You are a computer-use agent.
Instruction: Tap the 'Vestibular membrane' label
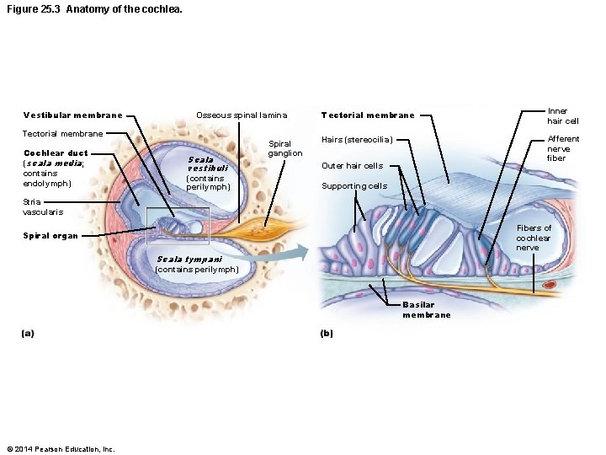pos(72,115)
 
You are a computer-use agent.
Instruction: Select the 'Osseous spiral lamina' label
pos(241,115)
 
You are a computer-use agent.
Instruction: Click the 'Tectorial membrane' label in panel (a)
pos(62,134)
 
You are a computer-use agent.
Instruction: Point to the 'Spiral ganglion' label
pos(284,148)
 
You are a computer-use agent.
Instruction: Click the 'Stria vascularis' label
pos(43,206)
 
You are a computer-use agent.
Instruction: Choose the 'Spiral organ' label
pos(50,236)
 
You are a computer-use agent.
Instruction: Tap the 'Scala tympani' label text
pos(189,260)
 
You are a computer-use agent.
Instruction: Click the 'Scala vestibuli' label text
pos(207,163)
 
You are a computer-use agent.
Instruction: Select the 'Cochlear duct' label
pos(55,153)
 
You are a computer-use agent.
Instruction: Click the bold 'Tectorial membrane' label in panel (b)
pos(368,115)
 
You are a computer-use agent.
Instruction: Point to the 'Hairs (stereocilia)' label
pos(357,140)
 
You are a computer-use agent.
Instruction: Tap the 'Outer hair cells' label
pos(352,166)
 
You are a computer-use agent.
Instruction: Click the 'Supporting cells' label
pos(354,186)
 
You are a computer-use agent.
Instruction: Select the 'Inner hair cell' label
pos(562,115)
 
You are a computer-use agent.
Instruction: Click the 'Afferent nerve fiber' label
pos(563,148)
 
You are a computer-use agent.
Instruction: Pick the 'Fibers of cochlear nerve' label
pos(534,238)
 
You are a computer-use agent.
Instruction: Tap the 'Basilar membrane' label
pos(426,310)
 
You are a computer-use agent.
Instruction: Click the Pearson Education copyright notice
pos(60,448)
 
